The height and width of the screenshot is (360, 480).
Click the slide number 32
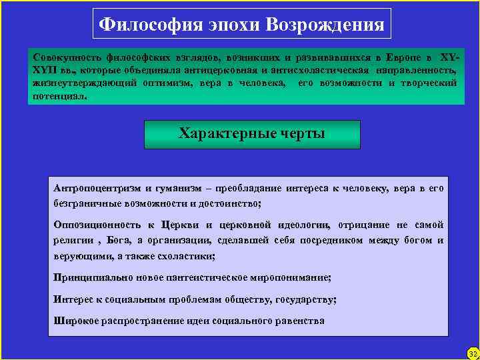pyautogui.click(x=472, y=353)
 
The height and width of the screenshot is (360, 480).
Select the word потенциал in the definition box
pyautogui.click(x=59, y=95)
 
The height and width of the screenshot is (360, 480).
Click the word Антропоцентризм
pyautogui.click(x=97, y=189)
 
